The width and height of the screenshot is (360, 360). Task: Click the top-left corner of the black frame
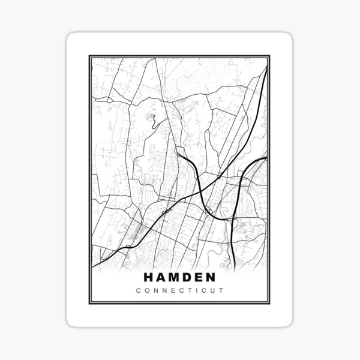pos(89,56)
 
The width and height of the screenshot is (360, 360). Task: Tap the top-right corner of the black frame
pos(271,56)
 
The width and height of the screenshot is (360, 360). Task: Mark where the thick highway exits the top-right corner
pos(266,61)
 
